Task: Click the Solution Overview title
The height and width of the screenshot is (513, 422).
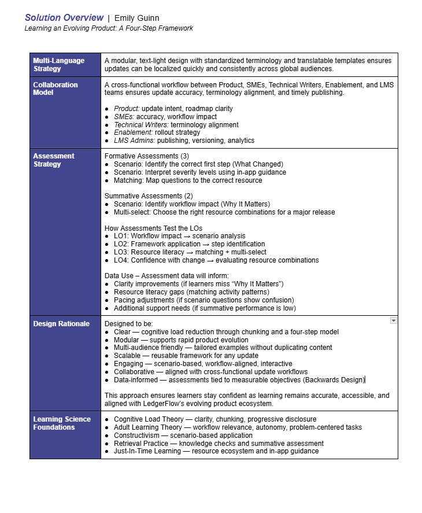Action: coord(64,17)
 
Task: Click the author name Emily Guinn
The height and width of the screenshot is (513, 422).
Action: coord(136,18)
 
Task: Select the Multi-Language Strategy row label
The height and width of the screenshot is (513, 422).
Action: coord(58,64)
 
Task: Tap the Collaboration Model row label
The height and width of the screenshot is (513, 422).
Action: coord(55,88)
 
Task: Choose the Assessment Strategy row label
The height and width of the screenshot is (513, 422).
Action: coord(54,160)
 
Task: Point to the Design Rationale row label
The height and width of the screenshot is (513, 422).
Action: coord(61,324)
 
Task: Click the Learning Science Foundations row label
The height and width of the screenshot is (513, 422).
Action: coord(62,423)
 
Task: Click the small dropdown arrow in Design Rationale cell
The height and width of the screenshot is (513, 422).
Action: coord(393,320)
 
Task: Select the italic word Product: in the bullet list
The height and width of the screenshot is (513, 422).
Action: coord(127,108)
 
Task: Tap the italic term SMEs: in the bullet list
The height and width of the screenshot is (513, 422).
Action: coord(124,116)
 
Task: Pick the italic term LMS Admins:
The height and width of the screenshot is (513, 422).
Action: coord(134,141)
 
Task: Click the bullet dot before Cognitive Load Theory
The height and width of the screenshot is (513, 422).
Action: coord(108,419)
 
